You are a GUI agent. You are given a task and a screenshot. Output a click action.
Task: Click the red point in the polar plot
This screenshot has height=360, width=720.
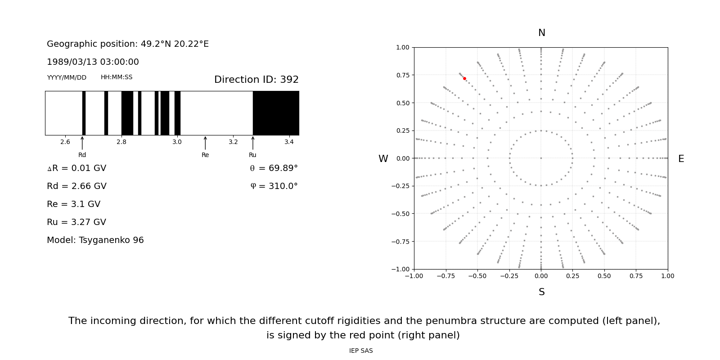click(464, 78)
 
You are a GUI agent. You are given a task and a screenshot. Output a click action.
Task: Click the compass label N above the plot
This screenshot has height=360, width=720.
click(541, 33)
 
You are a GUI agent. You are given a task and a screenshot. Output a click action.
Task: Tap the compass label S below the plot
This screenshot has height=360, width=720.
click(541, 292)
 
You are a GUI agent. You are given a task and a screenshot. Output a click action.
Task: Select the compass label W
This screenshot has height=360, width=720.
click(383, 159)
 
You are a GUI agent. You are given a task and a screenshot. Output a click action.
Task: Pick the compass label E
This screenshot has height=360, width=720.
click(681, 159)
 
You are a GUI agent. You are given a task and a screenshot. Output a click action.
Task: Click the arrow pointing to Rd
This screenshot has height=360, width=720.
click(82, 143)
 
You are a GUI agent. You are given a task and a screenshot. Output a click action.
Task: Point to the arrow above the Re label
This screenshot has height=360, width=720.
click(205, 143)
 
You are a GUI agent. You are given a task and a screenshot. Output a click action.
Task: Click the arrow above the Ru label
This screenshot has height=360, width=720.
click(253, 143)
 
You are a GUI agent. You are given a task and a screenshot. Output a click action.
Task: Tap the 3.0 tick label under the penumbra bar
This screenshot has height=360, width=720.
click(177, 142)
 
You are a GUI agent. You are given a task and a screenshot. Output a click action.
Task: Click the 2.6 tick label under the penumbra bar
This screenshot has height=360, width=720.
click(65, 142)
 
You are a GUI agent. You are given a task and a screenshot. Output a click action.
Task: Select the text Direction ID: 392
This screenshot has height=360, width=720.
click(256, 80)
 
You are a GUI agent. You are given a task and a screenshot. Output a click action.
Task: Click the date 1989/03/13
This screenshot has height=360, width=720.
click(69, 62)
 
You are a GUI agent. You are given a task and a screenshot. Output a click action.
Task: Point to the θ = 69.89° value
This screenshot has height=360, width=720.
click(274, 168)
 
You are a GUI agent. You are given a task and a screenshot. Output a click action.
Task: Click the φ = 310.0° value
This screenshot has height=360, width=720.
click(274, 186)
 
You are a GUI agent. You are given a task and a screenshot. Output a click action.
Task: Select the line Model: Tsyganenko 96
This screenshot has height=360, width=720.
click(95, 240)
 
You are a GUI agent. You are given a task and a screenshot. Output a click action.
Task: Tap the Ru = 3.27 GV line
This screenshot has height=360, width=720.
click(76, 222)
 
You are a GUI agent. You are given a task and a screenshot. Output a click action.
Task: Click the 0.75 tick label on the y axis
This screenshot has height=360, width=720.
click(402, 75)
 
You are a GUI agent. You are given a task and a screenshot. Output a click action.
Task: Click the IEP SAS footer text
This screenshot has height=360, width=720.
click(360, 351)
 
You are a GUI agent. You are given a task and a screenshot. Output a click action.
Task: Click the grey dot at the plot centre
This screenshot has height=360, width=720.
click(541, 158)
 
